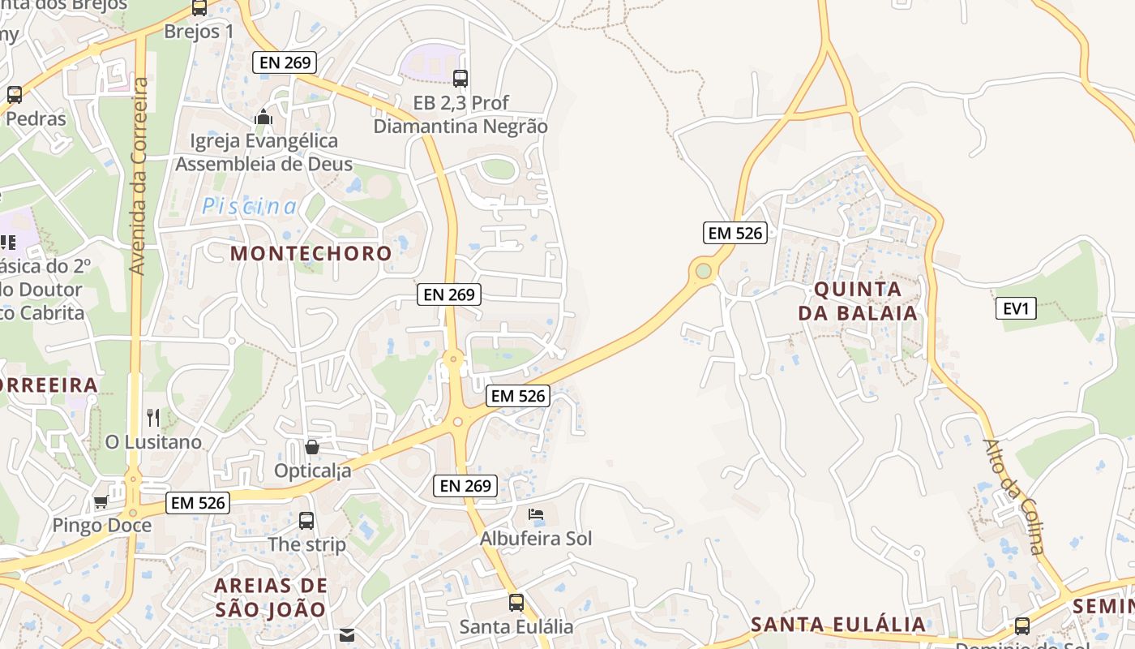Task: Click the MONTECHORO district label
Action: (311, 253)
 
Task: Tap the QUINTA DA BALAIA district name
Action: (858, 301)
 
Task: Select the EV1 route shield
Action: (1016, 308)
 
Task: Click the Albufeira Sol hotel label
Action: (536, 538)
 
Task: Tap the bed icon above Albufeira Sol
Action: (536, 514)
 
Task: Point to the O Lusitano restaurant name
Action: (153, 442)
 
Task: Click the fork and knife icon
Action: (153, 418)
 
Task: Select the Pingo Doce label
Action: (102, 525)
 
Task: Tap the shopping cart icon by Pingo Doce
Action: (101, 501)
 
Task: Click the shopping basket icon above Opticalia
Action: (311, 447)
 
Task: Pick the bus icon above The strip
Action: (306, 521)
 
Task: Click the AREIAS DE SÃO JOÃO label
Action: (271, 597)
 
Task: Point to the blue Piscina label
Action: (250, 206)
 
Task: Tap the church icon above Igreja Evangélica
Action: (263, 118)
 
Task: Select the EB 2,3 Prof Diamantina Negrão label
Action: (460, 114)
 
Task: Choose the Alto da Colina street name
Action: (1014, 496)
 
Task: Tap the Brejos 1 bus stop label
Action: (199, 32)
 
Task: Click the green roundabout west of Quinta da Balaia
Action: (703, 271)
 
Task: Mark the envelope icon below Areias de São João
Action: (347, 635)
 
